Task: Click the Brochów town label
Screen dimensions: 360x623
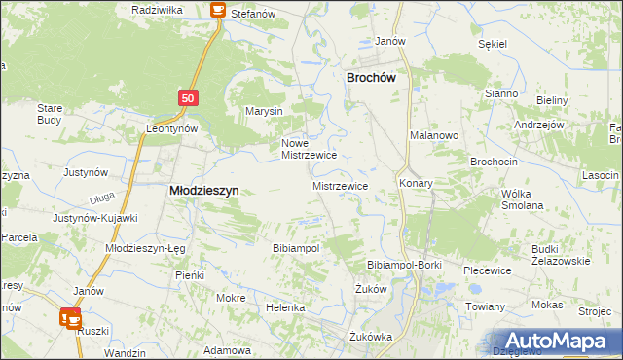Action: click(375, 78)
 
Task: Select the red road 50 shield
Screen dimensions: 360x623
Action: click(189, 98)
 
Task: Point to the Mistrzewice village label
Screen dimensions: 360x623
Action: click(340, 185)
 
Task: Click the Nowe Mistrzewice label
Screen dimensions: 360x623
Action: click(309, 148)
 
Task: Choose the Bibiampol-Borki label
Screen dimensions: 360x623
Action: click(404, 265)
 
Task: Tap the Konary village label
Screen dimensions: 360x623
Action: click(416, 183)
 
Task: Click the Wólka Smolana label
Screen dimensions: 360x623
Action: click(522, 199)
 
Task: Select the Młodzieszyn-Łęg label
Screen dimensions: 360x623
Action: click(145, 248)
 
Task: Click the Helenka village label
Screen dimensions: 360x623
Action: click(285, 307)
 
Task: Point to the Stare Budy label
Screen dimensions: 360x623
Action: click(49, 114)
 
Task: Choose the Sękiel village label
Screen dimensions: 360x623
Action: click(494, 44)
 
